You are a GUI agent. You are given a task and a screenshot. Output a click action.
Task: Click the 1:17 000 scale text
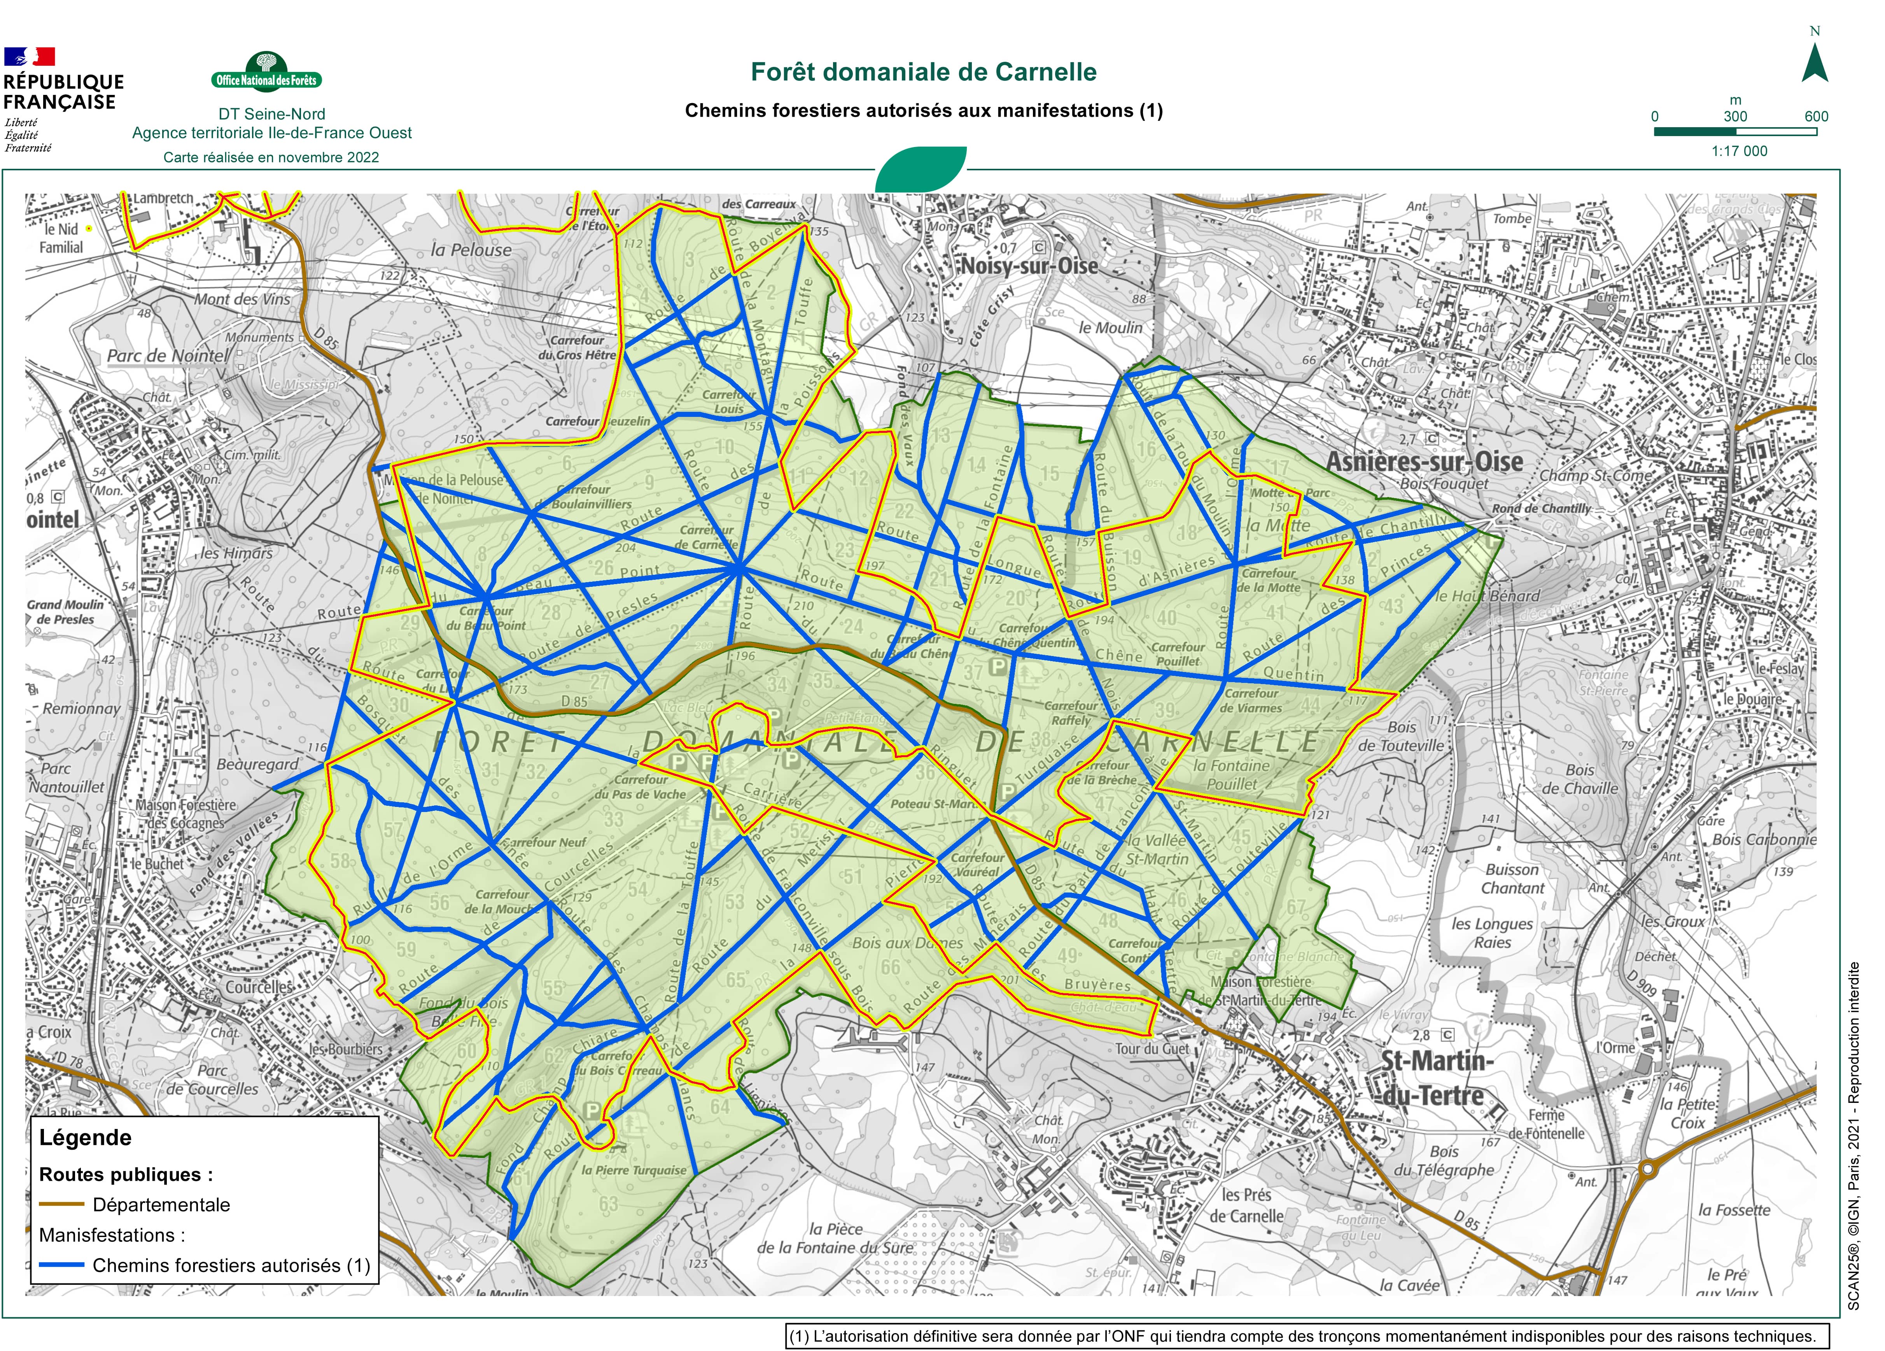(1739, 151)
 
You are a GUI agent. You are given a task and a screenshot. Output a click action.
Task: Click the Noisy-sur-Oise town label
(1029, 266)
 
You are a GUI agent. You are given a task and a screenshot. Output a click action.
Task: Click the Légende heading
(86, 1137)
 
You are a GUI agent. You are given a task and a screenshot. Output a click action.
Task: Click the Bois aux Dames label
(907, 943)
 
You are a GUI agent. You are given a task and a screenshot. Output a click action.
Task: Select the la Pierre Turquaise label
(634, 1170)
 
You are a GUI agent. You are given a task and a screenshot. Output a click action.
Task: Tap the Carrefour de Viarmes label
(1251, 700)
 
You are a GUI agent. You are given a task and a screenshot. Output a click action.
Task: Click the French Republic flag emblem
(29, 56)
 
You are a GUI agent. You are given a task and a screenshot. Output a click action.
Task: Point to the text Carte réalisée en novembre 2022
(271, 157)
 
